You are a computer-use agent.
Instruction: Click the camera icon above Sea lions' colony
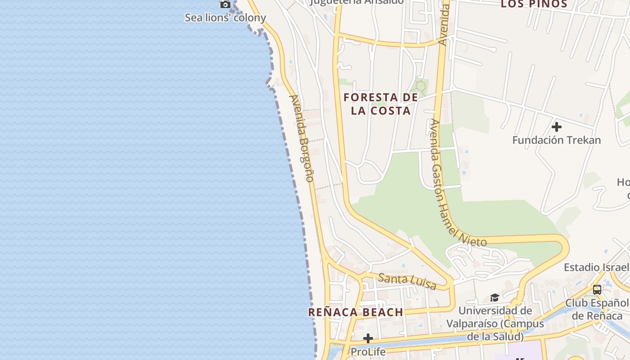click(x=225, y=5)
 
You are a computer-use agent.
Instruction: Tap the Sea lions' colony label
click(x=225, y=18)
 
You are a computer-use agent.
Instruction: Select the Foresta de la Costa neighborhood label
click(x=381, y=104)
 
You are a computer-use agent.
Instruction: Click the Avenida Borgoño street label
click(x=301, y=138)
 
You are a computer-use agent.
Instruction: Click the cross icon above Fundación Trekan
click(x=557, y=127)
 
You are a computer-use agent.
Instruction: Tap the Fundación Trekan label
click(x=557, y=140)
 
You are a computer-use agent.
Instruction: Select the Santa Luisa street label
click(x=407, y=281)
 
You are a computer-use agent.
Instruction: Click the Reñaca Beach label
click(x=355, y=312)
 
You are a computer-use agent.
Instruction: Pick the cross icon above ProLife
click(x=368, y=338)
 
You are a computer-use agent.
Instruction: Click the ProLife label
click(x=368, y=351)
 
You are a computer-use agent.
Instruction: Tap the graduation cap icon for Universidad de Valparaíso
click(x=495, y=297)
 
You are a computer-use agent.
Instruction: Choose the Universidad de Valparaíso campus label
click(x=495, y=324)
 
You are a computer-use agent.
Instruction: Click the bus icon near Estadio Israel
click(x=597, y=290)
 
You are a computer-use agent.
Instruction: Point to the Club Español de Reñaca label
click(x=597, y=309)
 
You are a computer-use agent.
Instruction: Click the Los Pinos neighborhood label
click(x=534, y=4)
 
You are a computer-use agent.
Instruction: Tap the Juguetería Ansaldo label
click(x=357, y=2)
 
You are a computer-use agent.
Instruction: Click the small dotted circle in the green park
click(x=421, y=85)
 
